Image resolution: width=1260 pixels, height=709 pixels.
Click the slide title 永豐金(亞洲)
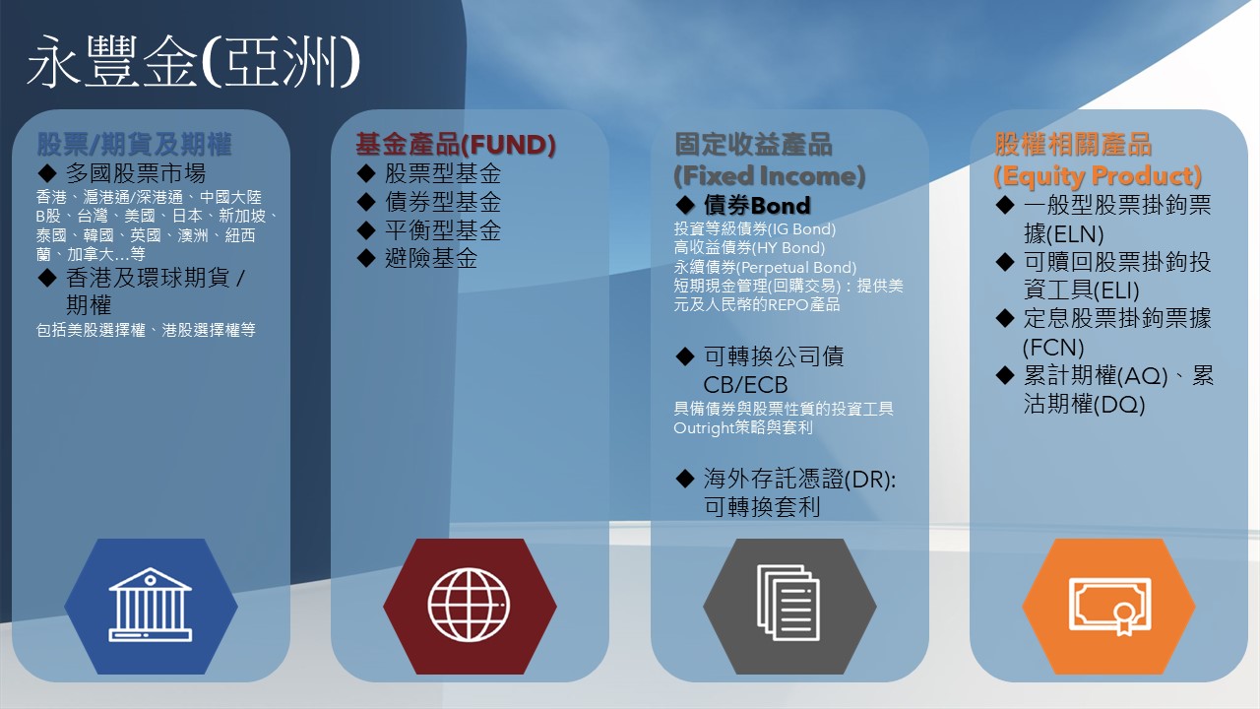point(194,61)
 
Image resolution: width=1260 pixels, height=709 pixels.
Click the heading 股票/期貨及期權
point(134,144)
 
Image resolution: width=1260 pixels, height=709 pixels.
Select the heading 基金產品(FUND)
point(456,144)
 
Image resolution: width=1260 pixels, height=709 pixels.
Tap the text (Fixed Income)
point(770,176)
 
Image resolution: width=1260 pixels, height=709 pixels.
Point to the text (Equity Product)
point(1098,176)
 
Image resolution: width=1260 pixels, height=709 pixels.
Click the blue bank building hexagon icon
point(151,606)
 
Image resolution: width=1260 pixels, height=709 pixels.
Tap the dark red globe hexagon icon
point(470,606)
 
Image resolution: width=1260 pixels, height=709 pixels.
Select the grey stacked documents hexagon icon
point(789,606)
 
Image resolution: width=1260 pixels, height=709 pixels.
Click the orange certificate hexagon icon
point(1108,606)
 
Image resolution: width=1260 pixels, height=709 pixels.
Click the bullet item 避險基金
point(431,259)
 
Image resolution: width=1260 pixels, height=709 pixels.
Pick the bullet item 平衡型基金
point(443,230)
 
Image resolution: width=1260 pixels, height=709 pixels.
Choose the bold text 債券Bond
point(757,206)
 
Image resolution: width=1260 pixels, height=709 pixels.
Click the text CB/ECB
point(745,385)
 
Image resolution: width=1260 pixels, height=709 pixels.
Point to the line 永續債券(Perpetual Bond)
point(765,267)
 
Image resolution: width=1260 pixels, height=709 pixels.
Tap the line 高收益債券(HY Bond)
point(749,248)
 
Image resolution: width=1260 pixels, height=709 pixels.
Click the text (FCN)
point(1053,348)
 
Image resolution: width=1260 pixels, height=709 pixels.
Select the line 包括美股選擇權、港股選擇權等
point(146,330)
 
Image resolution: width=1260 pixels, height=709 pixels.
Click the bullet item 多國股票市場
point(136,173)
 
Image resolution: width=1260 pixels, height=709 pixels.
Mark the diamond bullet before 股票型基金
point(366,173)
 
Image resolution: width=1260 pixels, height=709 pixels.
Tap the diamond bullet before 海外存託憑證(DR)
point(685,479)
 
